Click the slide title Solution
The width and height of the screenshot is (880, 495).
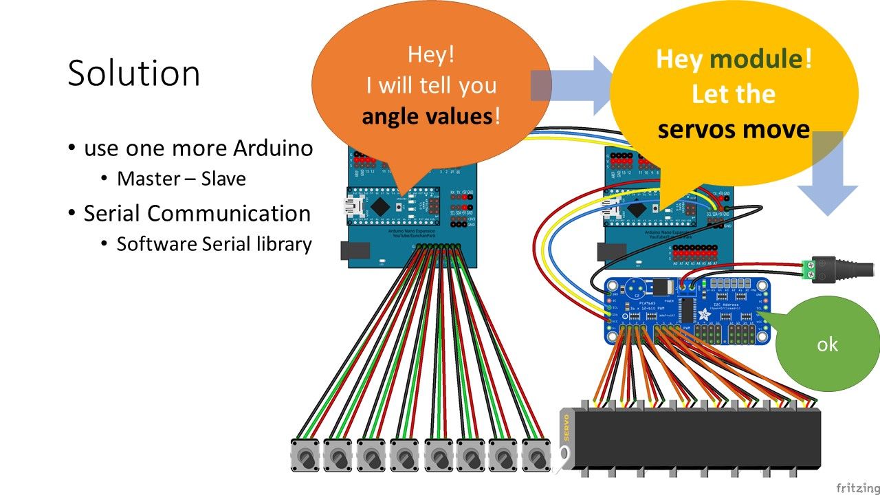coord(134,73)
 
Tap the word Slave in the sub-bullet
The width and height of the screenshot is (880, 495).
coord(223,179)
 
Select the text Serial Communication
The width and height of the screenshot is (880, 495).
coord(197,213)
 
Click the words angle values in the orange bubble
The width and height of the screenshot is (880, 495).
coord(426,115)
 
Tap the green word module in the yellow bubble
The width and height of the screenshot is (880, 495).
coord(756,59)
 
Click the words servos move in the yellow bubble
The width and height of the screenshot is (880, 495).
coord(734,129)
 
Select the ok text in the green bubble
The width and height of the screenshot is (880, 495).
coord(827,344)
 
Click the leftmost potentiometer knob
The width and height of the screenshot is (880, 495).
coord(305,456)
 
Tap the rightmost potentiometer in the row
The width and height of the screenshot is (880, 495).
coord(536,455)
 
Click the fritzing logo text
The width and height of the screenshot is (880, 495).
coord(856,487)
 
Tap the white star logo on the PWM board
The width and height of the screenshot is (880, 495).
coord(705,315)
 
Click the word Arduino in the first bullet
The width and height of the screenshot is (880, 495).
coord(272,148)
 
